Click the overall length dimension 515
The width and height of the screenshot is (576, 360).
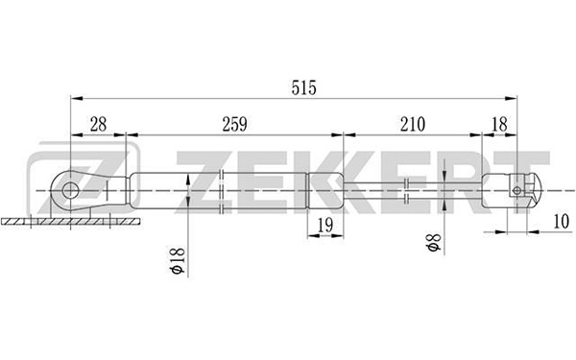point(303,87)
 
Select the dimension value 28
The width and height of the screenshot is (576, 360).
point(98,124)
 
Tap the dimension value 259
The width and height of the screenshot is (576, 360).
point(235,124)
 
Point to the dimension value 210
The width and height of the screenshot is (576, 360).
point(413,124)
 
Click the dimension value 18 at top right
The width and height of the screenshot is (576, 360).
point(499,124)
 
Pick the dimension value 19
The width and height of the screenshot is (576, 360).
point(325,225)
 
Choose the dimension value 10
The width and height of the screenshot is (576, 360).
point(561,222)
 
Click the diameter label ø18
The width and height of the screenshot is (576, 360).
point(177,260)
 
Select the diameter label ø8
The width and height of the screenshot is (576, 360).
point(434,242)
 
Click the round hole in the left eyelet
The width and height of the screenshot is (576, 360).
point(70,191)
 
